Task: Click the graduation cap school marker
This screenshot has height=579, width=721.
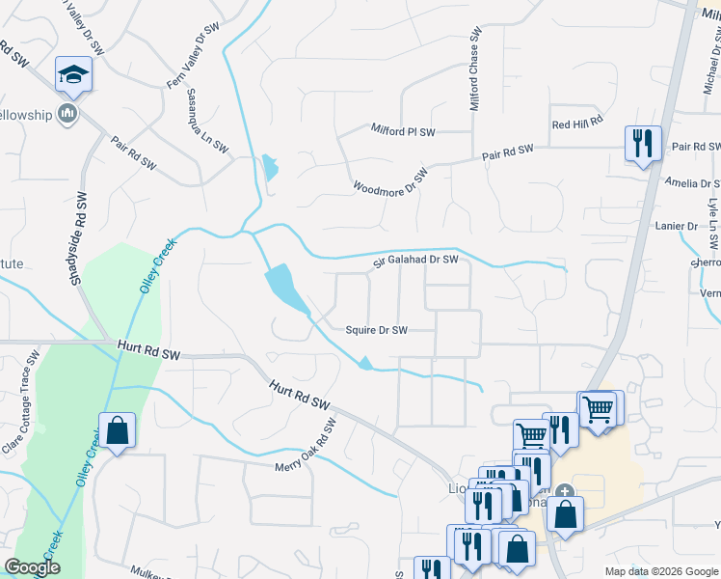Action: click(x=73, y=74)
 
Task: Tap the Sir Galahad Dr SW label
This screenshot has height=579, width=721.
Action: click(x=415, y=262)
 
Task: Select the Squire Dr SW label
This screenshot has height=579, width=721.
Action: click(x=377, y=330)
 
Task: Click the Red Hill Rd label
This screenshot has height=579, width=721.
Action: click(x=576, y=124)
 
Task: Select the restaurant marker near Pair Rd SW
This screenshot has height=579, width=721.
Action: click(x=641, y=144)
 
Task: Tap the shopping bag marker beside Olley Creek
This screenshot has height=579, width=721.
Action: click(x=117, y=431)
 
